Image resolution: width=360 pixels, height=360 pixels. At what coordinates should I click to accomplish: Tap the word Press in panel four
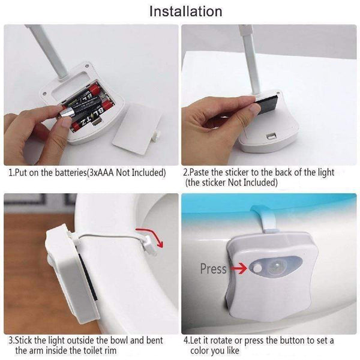[213, 269]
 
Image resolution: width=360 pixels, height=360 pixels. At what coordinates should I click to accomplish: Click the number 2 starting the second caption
[185, 173]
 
